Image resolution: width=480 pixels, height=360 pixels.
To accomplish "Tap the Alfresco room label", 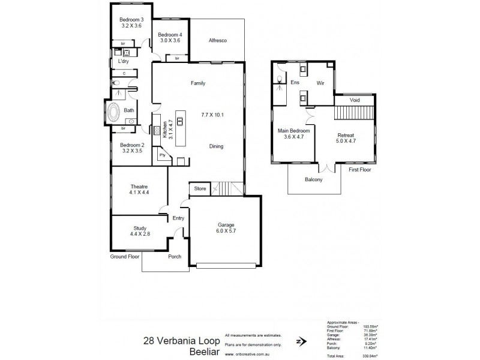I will (x=217, y=40).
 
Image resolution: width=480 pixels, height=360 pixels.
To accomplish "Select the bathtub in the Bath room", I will (x=113, y=112).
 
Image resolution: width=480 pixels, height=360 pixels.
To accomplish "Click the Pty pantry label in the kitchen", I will (x=162, y=155).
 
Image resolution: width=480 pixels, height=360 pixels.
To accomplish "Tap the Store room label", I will (x=200, y=189).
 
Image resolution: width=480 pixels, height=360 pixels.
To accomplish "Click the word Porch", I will (x=175, y=256).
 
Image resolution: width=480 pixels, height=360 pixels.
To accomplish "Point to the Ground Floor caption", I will (x=125, y=256).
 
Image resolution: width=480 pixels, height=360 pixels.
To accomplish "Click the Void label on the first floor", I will (x=355, y=100).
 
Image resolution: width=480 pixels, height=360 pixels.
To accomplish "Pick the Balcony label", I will (x=314, y=179).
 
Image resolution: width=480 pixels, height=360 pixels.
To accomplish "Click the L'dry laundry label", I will (x=124, y=61).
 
